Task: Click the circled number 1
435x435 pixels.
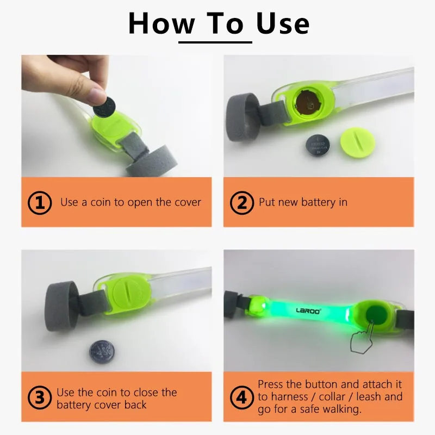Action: tap(40, 203)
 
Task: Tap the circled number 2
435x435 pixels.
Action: tap(242, 203)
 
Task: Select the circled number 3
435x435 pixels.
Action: tap(40, 397)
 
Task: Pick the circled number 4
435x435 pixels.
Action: tap(242, 397)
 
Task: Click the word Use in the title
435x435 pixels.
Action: tap(283, 24)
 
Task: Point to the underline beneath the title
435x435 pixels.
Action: tap(215, 42)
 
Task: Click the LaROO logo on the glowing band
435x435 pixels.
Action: tap(308, 310)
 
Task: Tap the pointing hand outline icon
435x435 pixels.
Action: tap(361, 337)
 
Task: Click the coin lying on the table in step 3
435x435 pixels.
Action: tap(102, 352)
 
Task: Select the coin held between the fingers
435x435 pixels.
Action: tap(104, 107)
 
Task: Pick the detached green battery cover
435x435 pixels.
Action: tap(358, 143)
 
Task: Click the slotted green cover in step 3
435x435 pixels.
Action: tap(129, 295)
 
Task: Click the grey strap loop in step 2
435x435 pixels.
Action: tap(241, 117)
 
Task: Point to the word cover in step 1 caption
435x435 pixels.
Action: tap(188, 202)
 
